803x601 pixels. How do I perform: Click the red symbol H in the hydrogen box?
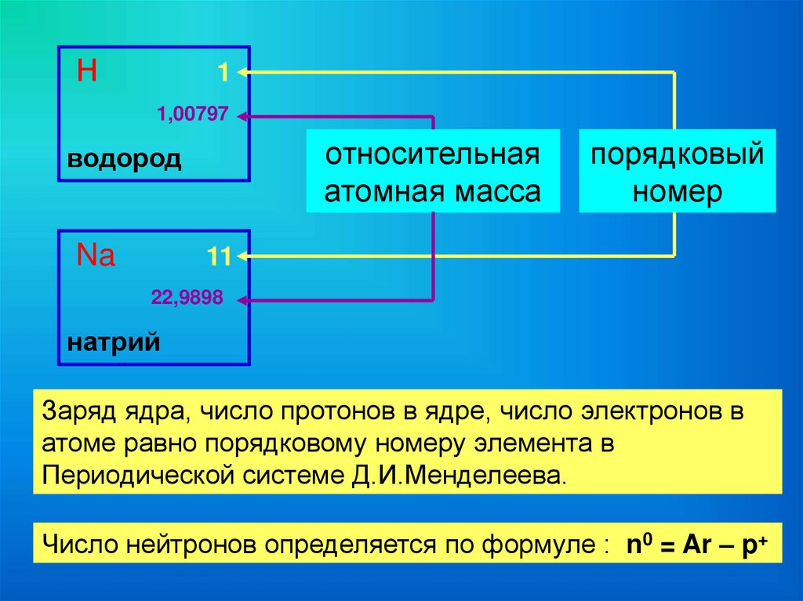coord(87,72)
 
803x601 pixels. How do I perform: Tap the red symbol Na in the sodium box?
coord(96,255)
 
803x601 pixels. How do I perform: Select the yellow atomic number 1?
coord(223,74)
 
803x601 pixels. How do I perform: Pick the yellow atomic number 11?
coord(217,258)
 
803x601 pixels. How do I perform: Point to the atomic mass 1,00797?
coord(193,116)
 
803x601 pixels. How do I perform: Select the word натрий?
coord(114,342)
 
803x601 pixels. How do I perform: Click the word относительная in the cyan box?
coord(433,154)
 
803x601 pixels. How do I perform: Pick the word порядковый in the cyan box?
coord(677,154)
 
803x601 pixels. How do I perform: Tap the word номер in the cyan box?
coord(677,192)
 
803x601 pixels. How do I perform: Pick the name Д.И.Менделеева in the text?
coord(489,476)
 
